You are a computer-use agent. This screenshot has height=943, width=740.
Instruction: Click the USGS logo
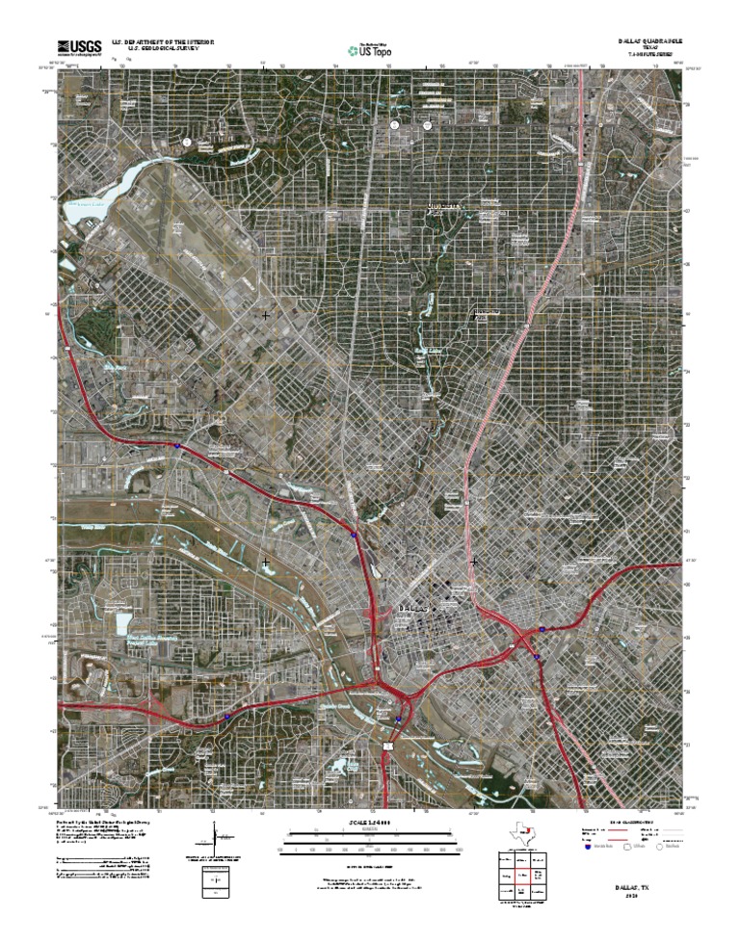(x=79, y=46)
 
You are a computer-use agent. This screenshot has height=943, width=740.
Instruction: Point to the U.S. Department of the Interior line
(x=162, y=42)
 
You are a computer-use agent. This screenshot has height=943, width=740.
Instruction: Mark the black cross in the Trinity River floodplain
(x=265, y=562)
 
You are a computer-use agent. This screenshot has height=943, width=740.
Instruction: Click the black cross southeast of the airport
(x=265, y=315)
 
